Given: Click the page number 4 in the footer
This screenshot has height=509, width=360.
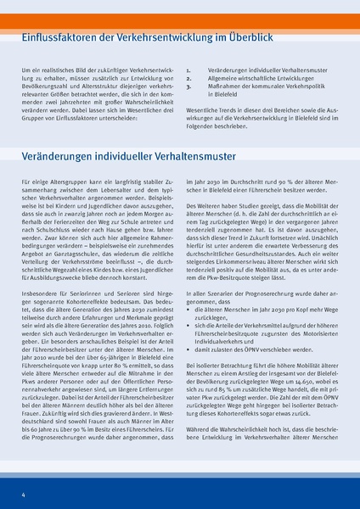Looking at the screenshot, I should click(23, 494).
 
